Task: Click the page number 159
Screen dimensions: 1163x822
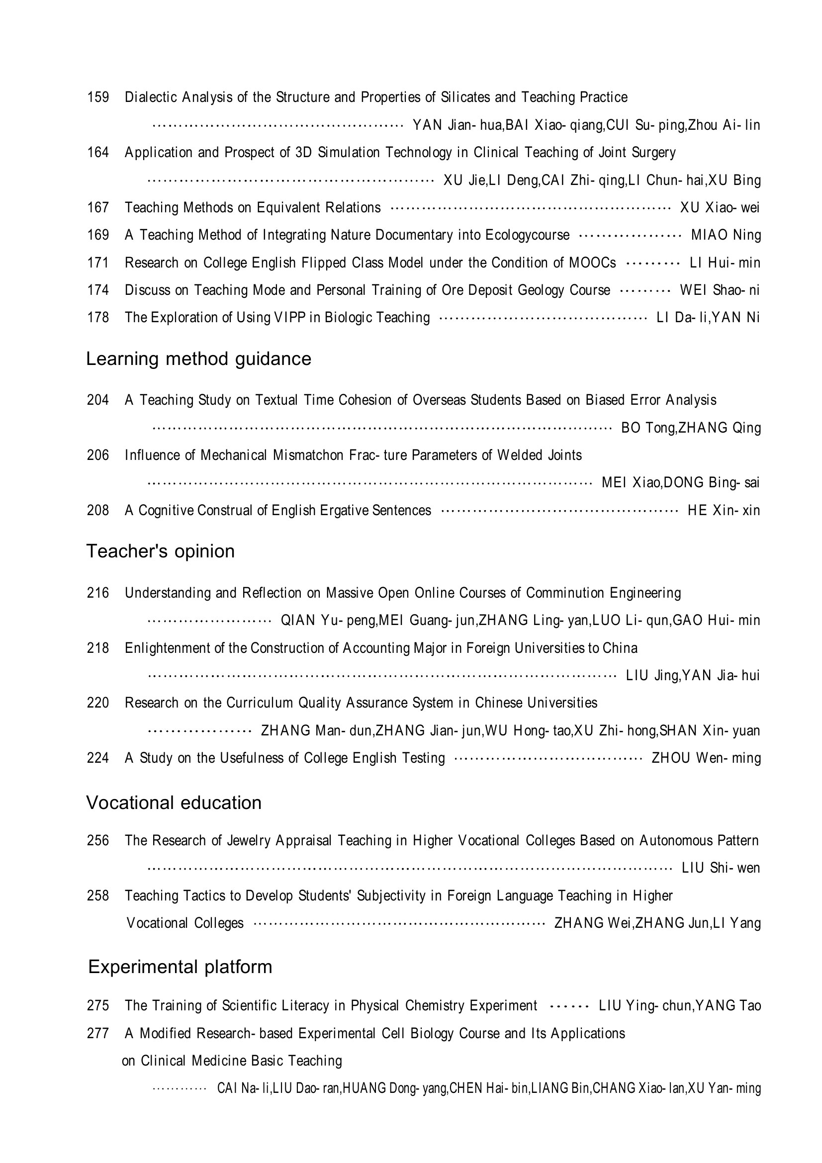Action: [98, 97]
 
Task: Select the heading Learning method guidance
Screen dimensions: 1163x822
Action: [198, 359]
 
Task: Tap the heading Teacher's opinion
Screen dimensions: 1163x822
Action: [160, 551]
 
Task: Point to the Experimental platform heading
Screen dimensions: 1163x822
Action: [180, 967]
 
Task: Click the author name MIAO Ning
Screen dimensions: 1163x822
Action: [726, 235]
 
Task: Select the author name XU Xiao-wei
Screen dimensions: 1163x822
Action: [719, 208]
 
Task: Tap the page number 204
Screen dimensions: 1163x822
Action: [98, 400]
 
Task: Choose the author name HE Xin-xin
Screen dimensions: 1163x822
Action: [723, 510]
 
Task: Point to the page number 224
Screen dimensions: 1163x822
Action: [98, 758]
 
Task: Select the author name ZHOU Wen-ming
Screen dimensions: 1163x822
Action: [706, 758]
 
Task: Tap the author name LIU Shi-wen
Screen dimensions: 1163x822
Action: [720, 868]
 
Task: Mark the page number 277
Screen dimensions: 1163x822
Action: [98, 1033]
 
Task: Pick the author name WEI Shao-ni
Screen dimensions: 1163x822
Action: [719, 290]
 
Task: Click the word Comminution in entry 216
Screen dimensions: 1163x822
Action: [565, 593]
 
